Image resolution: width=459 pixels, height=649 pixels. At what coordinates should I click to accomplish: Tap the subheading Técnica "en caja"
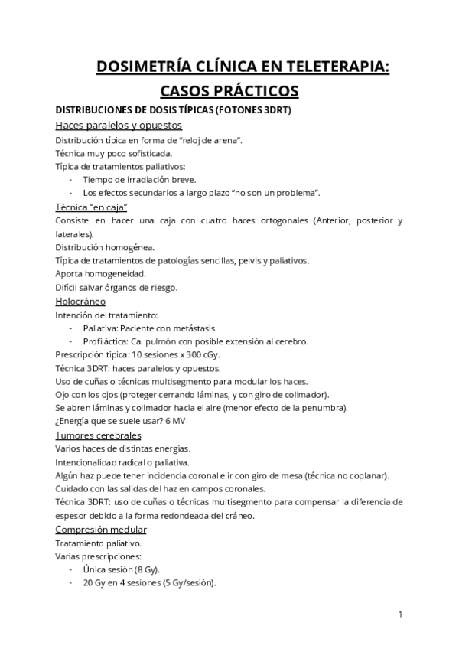tap(91, 207)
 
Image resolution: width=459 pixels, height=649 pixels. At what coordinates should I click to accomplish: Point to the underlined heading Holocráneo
tap(80, 301)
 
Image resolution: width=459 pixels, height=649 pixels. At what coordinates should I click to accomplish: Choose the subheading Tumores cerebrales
tap(98, 435)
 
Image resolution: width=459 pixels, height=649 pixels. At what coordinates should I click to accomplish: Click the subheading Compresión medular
tap(101, 530)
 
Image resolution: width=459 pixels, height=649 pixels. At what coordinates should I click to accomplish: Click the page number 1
tap(401, 615)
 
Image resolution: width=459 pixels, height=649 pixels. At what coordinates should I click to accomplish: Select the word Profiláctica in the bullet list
tap(108, 341)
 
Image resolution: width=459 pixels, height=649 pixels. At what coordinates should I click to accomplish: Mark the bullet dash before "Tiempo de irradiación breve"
tap(71, 180)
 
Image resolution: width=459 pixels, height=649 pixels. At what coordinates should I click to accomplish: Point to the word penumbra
tap(322, 408)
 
